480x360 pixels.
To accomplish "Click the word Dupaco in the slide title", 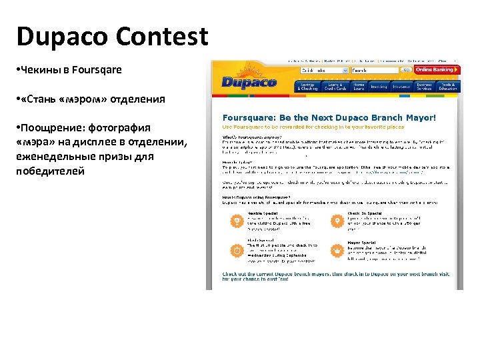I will [57, 37].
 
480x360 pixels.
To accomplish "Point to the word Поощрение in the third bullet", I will [54, 127].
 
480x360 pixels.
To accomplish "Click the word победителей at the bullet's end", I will [51, 171].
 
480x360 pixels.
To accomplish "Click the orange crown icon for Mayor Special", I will [337, 250].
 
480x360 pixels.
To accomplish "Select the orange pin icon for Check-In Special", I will [337, 220].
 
